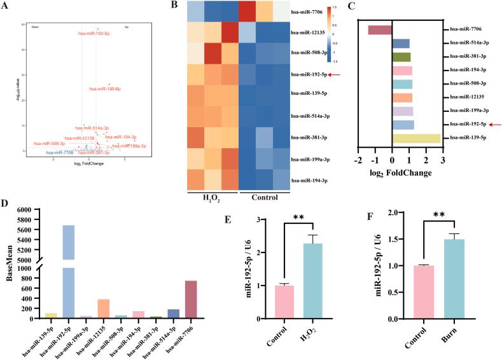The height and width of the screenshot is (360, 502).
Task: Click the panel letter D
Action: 5,205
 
